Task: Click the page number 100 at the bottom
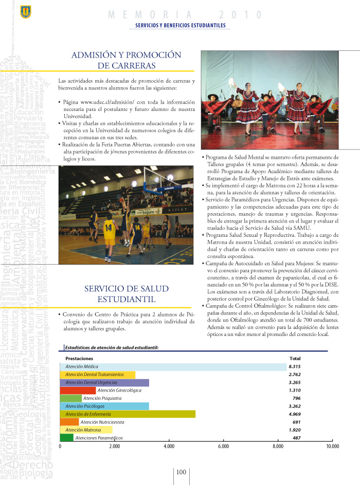point(181,472)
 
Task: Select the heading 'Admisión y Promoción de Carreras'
point(127,60)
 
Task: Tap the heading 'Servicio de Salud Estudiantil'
point(127,294)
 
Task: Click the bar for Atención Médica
point(173,367)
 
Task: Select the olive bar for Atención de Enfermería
point(128,414)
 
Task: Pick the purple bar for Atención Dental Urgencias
point(104,383)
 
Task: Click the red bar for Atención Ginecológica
point(78,390)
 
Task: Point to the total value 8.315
point(294,367)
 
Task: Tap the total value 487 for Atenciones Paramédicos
point(296,438)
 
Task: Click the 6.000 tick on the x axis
point(223,447)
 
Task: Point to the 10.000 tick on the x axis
point(332,447)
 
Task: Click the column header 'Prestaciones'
point(79,358)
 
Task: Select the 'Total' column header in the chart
point(295,358)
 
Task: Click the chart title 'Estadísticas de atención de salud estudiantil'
point(112,347)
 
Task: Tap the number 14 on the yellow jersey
point(109,227)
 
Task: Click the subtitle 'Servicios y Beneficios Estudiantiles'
point(180,25)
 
